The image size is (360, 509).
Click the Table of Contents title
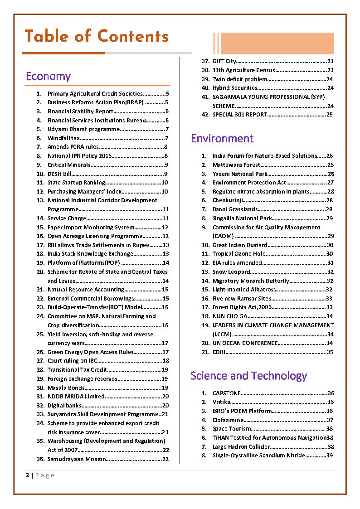click(96, 36)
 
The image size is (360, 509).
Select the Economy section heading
click(48, 76)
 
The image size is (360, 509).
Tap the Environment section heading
click(222, 138)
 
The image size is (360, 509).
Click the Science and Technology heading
click(248, 376)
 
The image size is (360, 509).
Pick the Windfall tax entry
click(63, 138)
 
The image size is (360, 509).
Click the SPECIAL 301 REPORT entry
click(240, 115)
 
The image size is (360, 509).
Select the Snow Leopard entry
click(231, 271)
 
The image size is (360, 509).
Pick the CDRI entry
click(218, 352)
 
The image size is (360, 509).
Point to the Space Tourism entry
click(231, 429)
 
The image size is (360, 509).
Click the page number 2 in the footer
click(28, 475)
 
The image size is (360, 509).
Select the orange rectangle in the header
click(277, 44)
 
